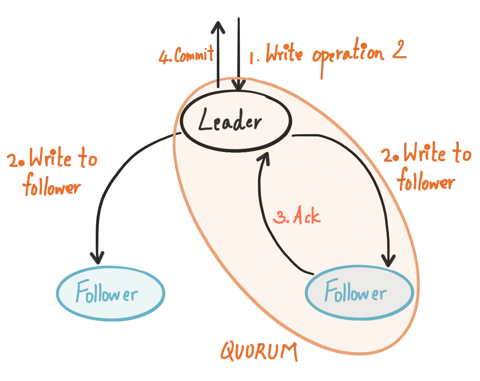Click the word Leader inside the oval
pos(230,123)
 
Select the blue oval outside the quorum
pos(110,293)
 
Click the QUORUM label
pos(259,352)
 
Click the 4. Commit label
pos(185,57)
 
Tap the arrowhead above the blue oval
pos(98,258)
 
